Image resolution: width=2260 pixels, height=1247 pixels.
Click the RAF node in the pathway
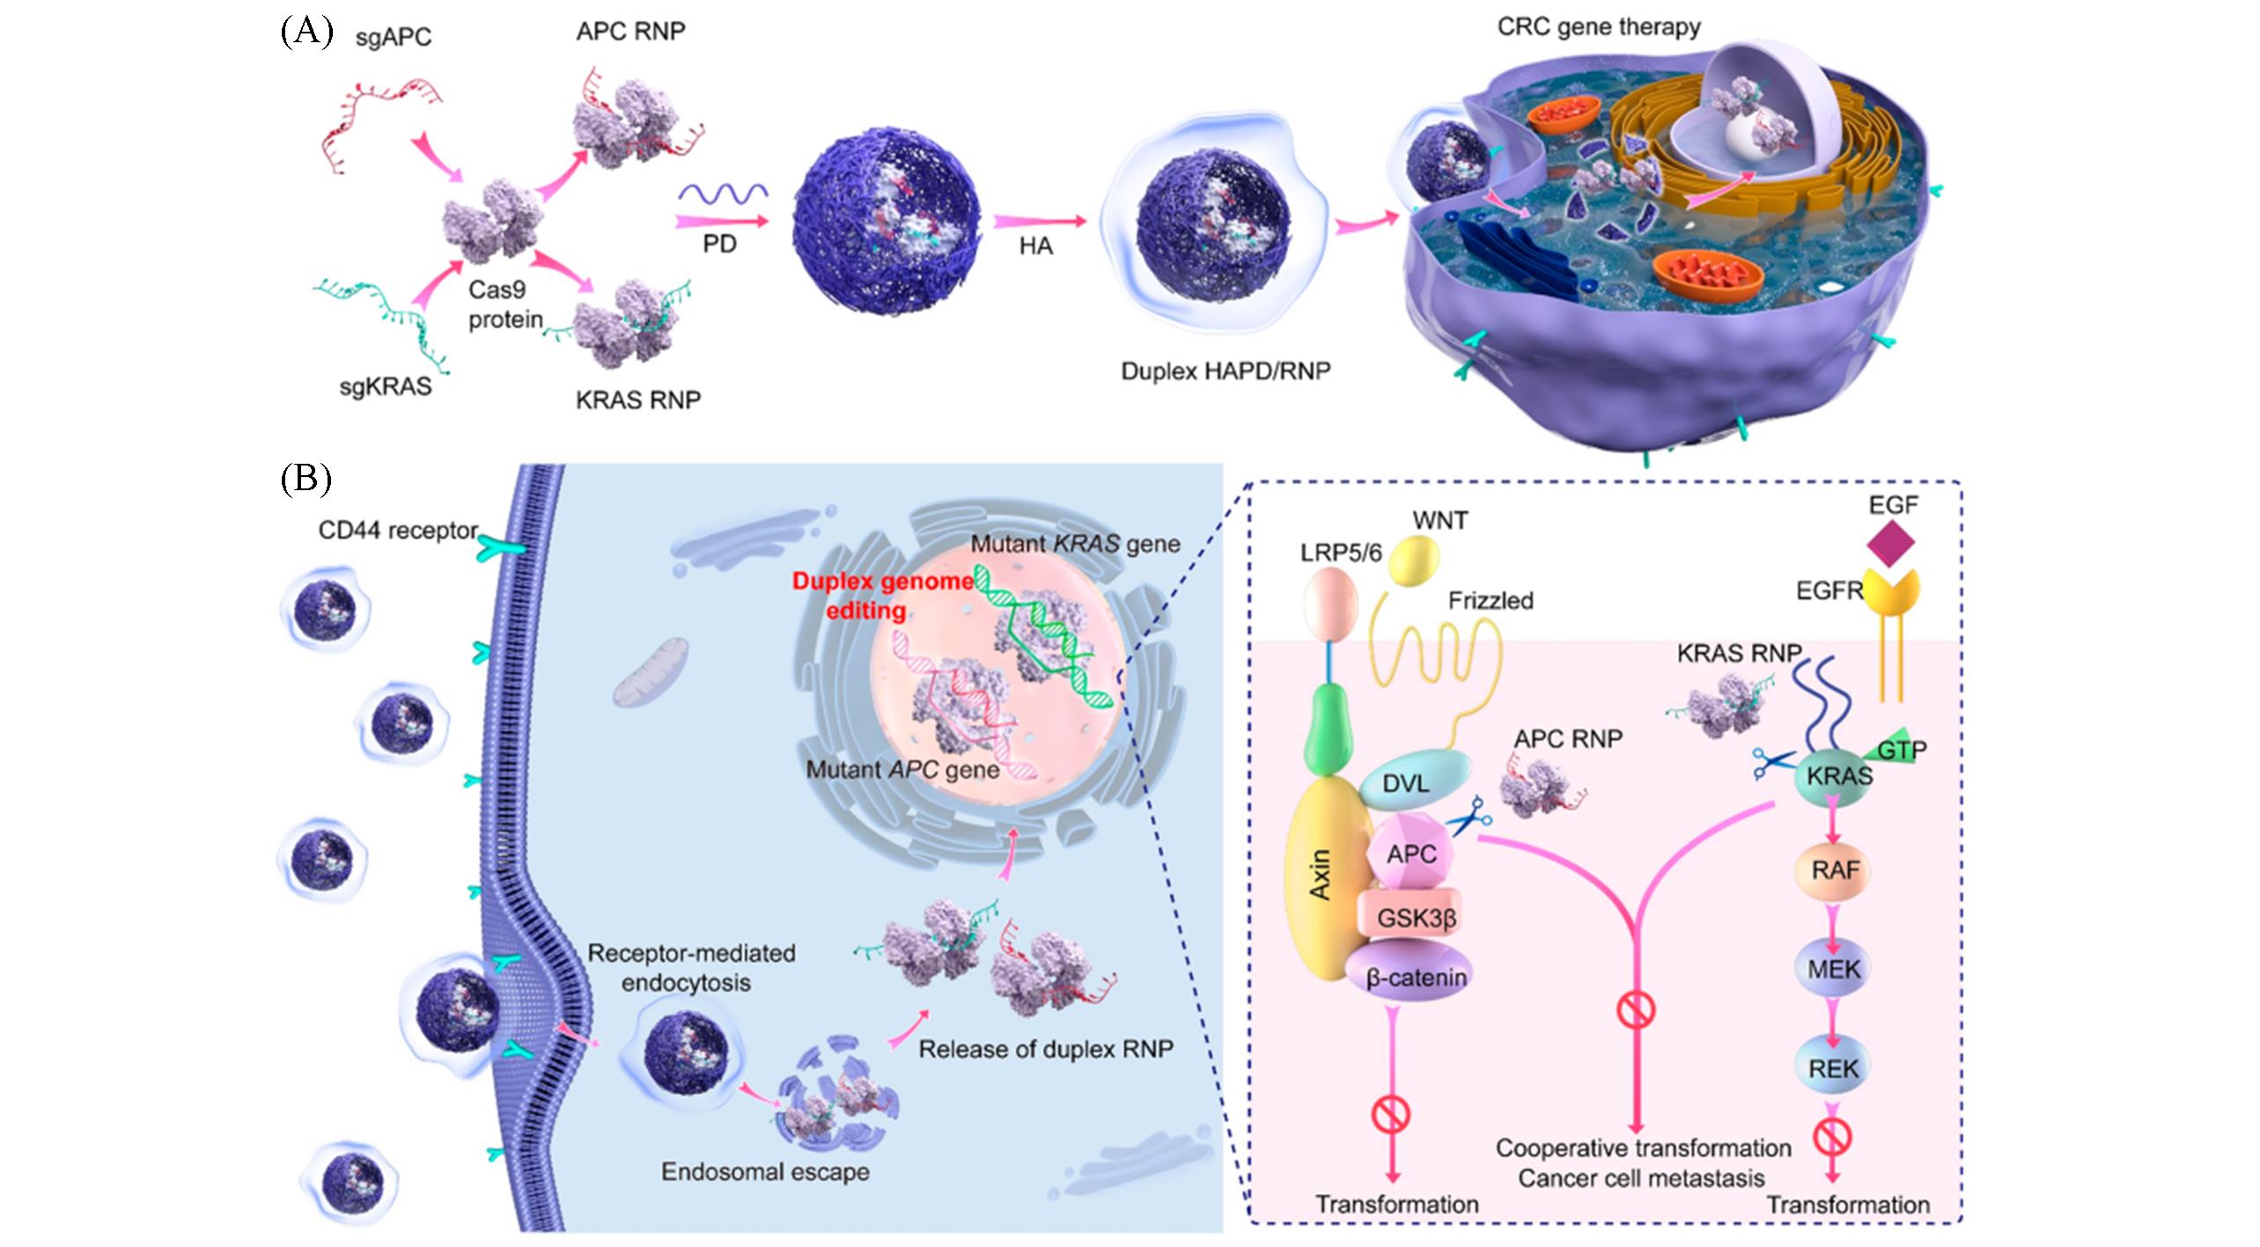pos(1835,870)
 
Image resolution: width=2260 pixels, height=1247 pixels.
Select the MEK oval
pos(1834,969)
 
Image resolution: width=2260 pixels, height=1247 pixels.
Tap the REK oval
pos(1833,1068)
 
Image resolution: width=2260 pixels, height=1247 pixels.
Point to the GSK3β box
pos(1416,918)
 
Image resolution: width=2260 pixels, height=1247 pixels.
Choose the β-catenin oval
pos(1416,977)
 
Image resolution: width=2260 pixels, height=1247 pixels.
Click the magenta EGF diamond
pos(1890,544)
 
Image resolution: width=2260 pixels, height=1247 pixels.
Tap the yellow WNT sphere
pos(1414,561)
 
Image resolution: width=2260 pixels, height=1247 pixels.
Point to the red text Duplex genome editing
pos(882,595)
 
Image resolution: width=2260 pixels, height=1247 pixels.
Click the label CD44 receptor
pos(398,531)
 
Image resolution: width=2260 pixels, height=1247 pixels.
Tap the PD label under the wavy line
pos(719,244)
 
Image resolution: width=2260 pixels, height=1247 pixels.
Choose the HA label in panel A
pos(1035,246)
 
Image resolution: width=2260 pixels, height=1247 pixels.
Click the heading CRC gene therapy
pos(1599,26)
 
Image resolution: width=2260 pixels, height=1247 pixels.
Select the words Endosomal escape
pos(765,1171)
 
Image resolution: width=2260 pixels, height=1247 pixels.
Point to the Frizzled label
pos(1491,600)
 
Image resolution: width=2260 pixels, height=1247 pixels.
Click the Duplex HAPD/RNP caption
pos(1226,370)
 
